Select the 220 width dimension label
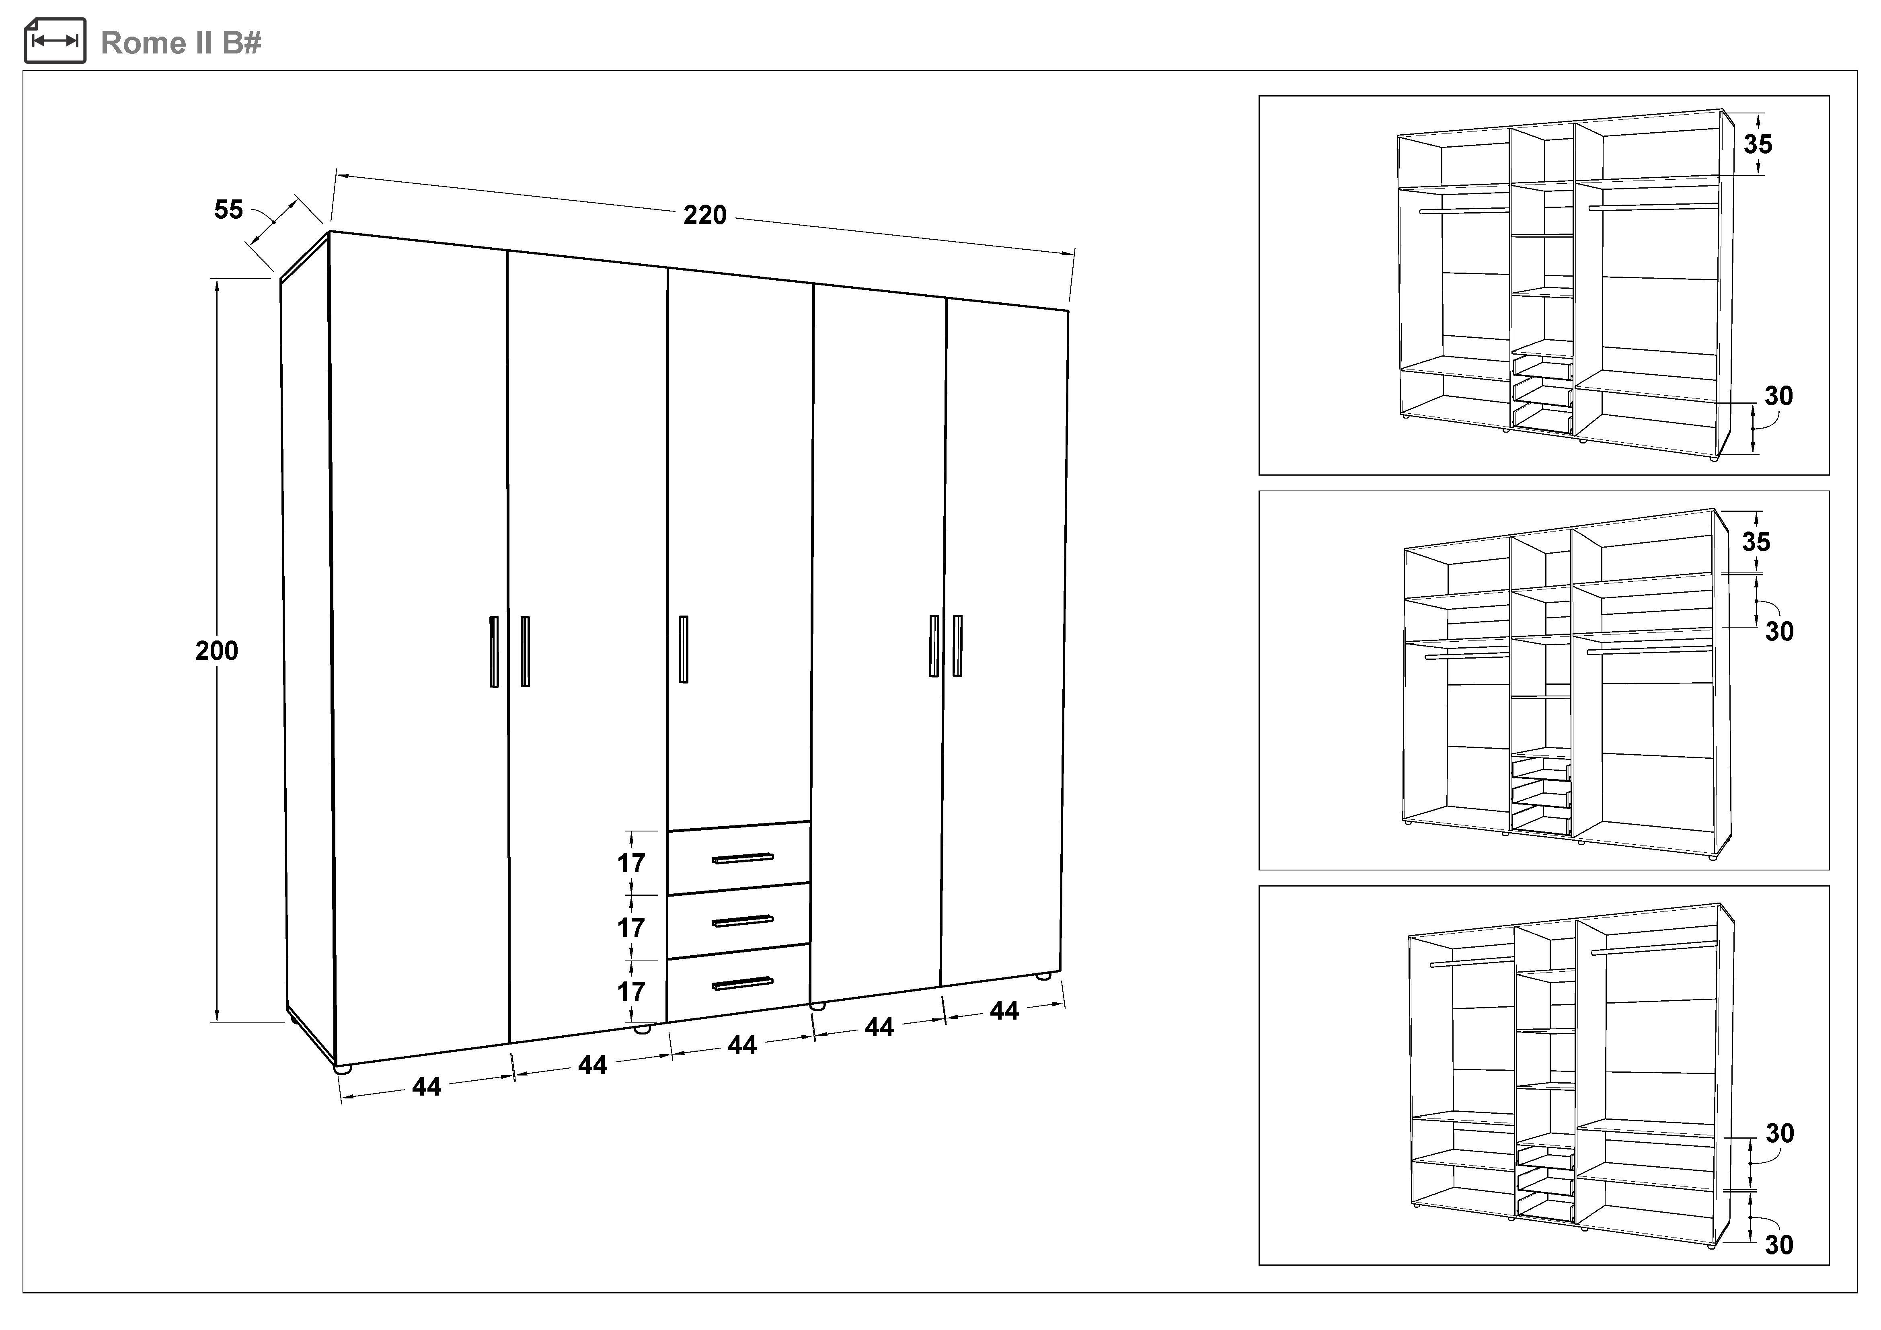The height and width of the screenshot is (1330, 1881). point(704,216)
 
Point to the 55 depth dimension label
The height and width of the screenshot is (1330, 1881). point(228,209)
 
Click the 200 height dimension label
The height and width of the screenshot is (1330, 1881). point(216,651)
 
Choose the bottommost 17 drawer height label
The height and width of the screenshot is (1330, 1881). point(631,992)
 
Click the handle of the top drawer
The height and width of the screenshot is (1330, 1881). point(742,858)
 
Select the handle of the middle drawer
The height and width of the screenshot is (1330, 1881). point(742,922)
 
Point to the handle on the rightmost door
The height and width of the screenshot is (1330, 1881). point(957,645)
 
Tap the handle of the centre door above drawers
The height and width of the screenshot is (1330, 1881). point(683,649)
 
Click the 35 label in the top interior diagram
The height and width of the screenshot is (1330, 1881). point(1758,145)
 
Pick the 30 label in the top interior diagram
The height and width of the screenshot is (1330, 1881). point(1778,396)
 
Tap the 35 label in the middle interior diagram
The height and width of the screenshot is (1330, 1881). point(1756,542)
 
